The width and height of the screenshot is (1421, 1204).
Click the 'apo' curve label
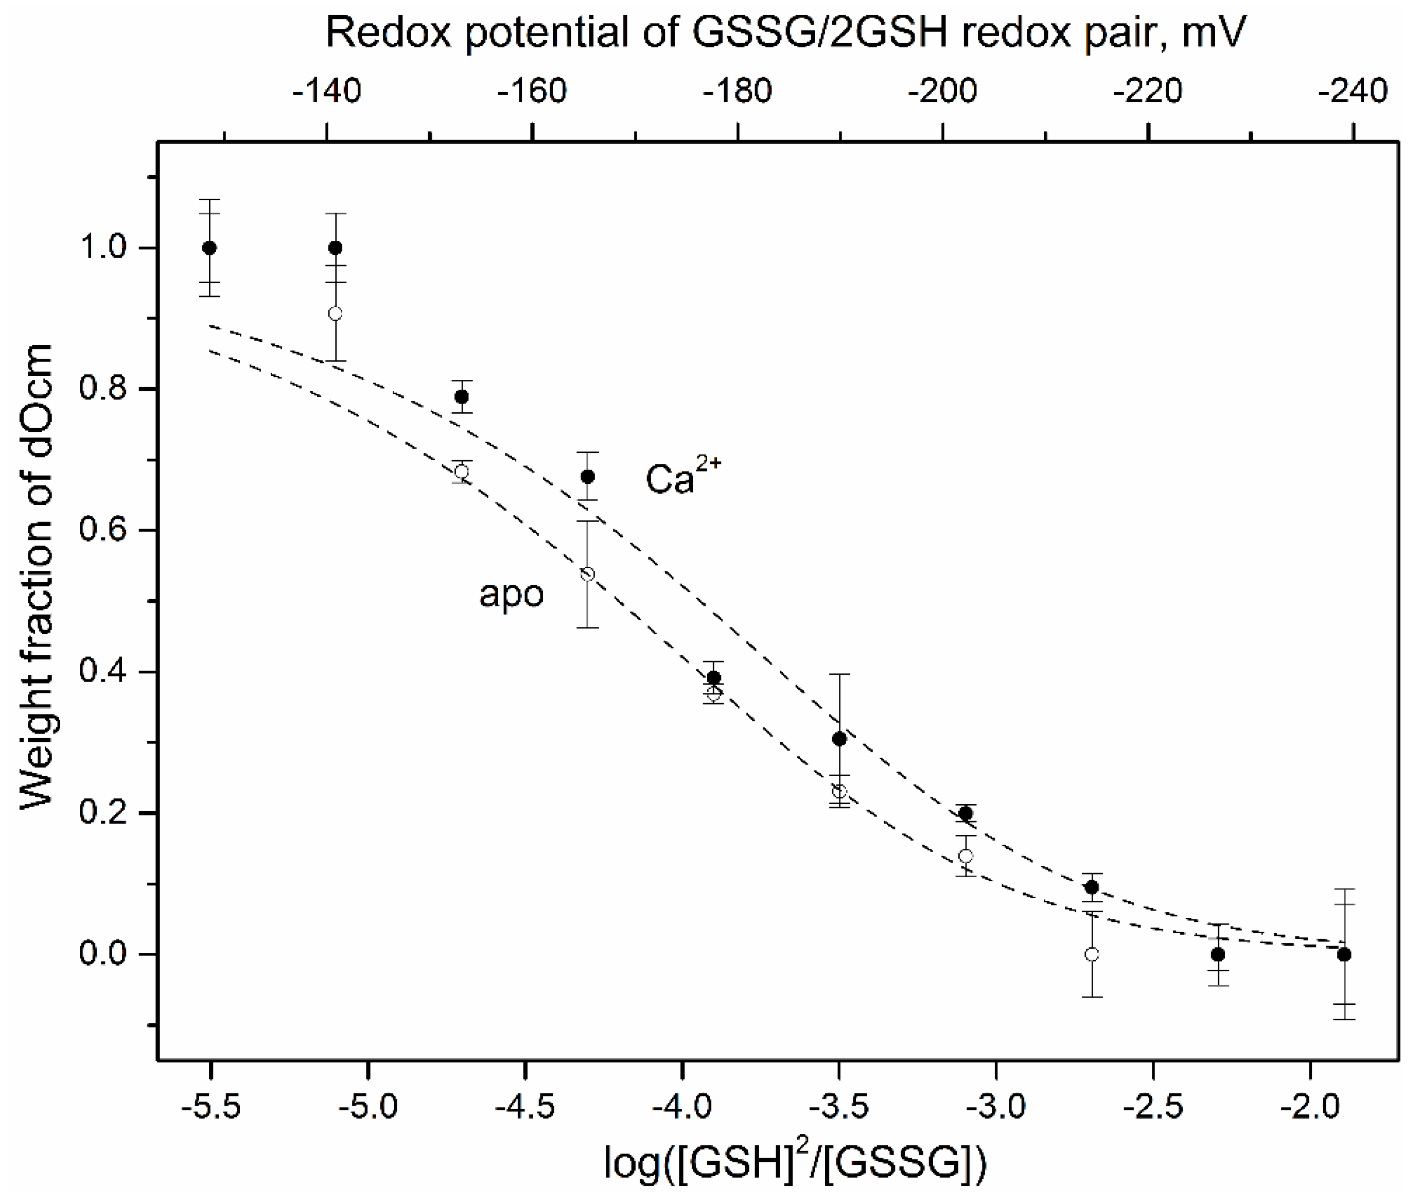click(x=511, y=594)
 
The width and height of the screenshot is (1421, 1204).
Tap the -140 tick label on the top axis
click(x=326, y=91)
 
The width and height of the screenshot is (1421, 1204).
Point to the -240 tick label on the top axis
click(x=1353, y=91)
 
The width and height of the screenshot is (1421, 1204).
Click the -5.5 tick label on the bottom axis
click(x=211, y=1106)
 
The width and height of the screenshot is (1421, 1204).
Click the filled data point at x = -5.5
click(x=209, y=248)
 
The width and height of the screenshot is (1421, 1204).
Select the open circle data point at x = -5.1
click(x=335, y=313)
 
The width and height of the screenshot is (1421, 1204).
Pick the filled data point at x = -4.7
click(x=461, y=396)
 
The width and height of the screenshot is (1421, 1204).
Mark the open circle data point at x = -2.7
click(x=1092, y=954)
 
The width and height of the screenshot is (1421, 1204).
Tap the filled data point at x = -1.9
click(x=1344, y=955)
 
